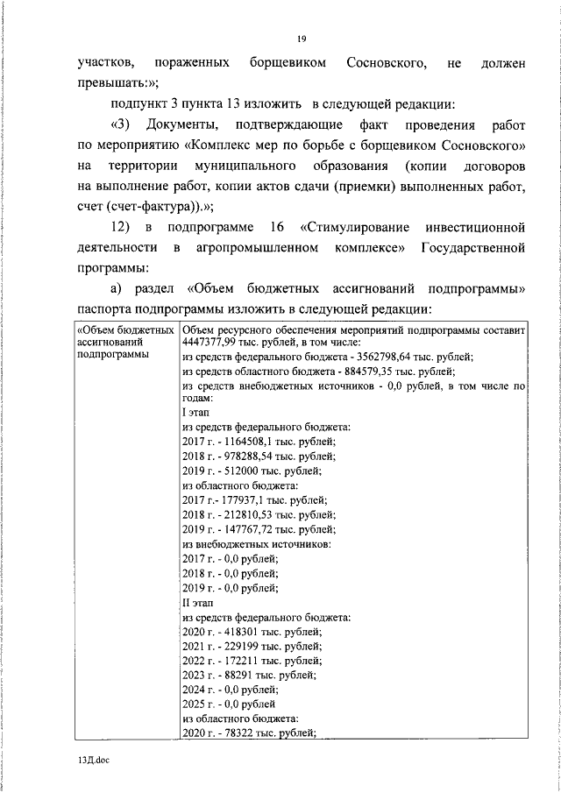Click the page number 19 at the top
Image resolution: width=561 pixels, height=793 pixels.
[301, 38]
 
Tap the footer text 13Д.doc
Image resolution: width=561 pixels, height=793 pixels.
[92, 761]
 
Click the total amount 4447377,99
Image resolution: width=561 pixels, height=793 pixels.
[211, 343]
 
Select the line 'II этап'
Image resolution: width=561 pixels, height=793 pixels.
[196, 603]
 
